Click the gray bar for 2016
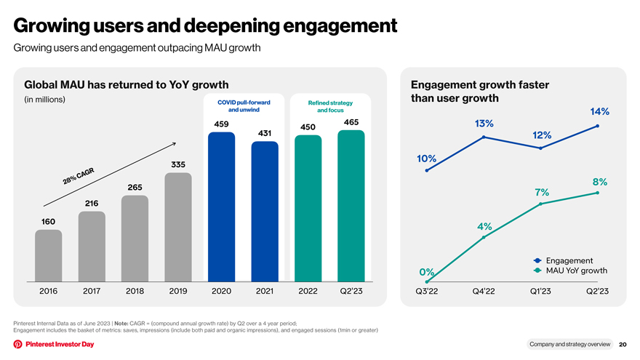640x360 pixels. point(48,255)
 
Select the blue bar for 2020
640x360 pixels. point(221,207)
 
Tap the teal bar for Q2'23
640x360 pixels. point(351,206)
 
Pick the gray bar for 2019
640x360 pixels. point(178,227)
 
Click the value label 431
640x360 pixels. point(265,133)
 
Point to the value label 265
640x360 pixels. point(135,188)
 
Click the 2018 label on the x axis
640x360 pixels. point(135,291)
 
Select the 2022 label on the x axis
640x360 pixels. point(308,291)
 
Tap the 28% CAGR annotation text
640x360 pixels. point(79,176)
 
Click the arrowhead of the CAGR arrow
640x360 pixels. point(175,143)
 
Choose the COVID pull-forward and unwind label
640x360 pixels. point(244,106)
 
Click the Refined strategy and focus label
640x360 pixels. point(330,106)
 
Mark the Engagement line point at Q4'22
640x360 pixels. point(484,137)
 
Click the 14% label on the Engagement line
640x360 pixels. point(599,111)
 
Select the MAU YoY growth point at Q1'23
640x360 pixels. point(540,204)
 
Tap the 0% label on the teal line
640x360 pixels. point(426,272)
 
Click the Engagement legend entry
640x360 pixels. point(563,260)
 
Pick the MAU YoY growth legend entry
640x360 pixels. point(570,271)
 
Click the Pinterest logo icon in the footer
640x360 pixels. point(17,344)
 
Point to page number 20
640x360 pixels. point(623,345)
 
